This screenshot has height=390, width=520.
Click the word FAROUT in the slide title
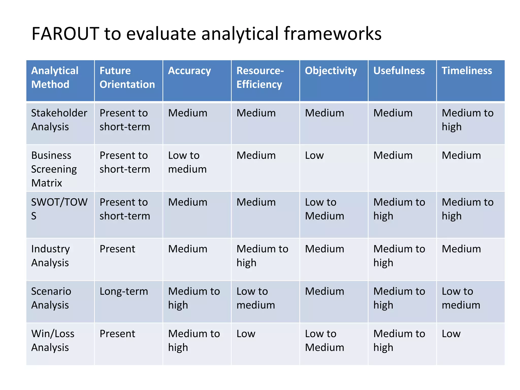tap(65, 34)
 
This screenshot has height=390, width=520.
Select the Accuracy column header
tap(189, 71)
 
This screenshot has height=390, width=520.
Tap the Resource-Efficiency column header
tap(260, 77)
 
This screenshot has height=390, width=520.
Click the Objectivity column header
tap(331, 71)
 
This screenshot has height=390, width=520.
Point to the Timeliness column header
tap(467, 71)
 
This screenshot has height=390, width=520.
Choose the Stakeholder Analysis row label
tap(59, 120)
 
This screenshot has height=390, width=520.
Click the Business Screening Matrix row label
tap(54, 169)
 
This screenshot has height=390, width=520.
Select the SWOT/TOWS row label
tap(59, 209)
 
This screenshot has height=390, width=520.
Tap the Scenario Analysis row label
tap(51, 298)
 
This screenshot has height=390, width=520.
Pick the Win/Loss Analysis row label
tap(53, 340)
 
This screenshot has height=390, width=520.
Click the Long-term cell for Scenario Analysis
tap(124, 291)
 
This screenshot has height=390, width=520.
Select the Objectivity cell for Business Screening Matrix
tap(314, 155)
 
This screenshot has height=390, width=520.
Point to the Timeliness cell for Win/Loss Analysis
tap(451, 334)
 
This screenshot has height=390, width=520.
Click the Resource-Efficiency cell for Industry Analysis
tap(262, 255)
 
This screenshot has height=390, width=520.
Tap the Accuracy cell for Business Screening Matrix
tap(187, 162)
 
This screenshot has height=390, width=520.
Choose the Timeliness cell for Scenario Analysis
tap(461, 298)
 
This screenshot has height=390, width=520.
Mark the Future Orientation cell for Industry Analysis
tap(117, 249)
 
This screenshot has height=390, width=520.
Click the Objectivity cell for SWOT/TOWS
tap(324, 209)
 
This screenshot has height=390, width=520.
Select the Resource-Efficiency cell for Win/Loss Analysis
tap(246, 334)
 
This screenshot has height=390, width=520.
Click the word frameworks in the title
tap(332, 34)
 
